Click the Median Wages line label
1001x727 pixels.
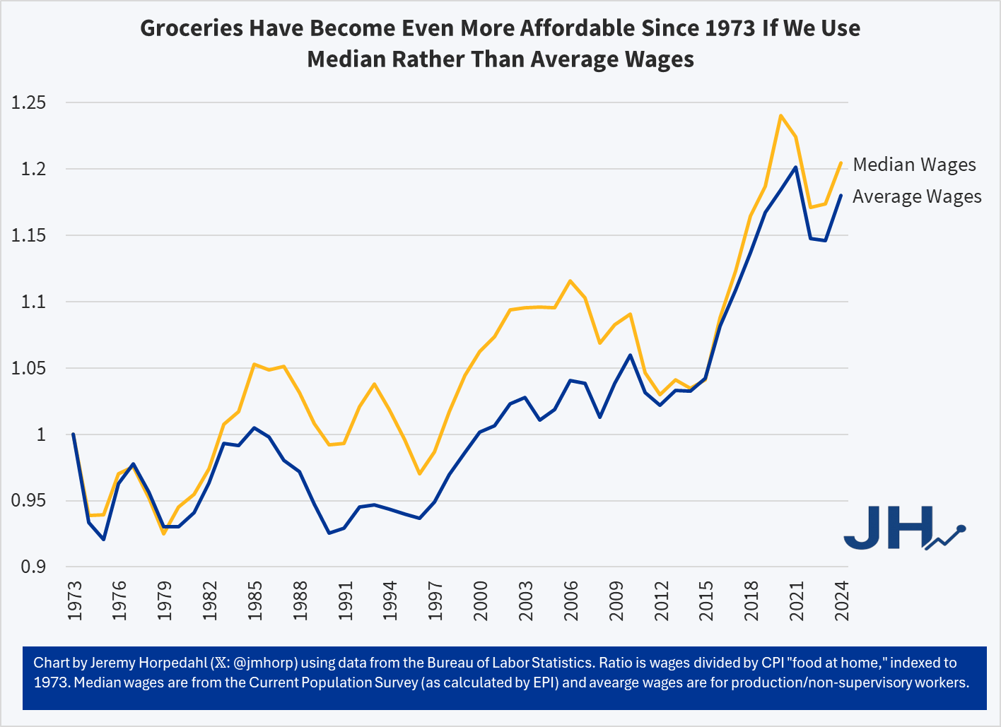pos(914,165)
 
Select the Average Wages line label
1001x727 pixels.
pos(917,196)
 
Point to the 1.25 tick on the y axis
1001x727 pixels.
pos(29,103)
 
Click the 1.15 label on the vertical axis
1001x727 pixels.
pos(29,236)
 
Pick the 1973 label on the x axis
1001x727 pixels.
pos(74,601)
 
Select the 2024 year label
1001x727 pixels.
pos(842,601)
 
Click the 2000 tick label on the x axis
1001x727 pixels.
pos(481,601)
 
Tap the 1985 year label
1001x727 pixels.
pos(255,601)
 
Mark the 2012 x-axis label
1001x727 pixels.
pos(662,601)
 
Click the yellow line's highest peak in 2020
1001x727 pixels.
pos(780,115)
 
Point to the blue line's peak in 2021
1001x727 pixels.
pos(796,167)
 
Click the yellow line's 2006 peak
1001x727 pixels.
pos(570,280)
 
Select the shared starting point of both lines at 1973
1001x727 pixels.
pos(74,435)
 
